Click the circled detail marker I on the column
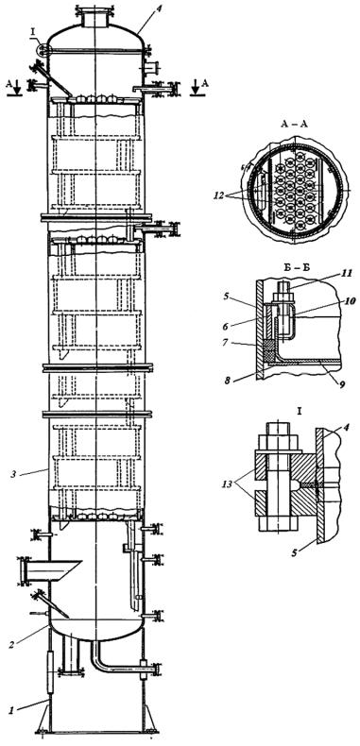43,49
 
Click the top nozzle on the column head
94,17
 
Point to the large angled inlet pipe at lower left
49,570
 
